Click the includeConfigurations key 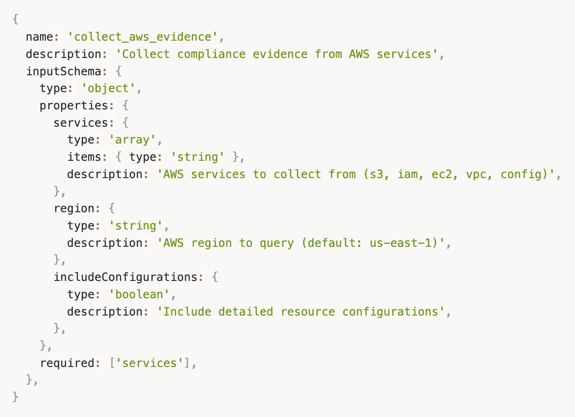126,277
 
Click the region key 74,208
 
